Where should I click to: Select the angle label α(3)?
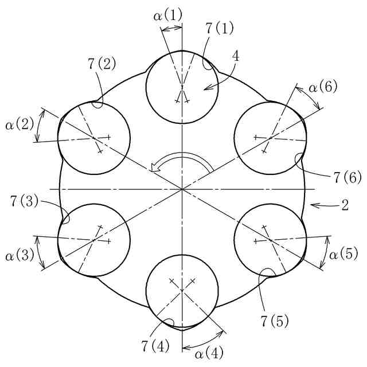(19, 252)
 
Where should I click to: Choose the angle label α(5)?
(344, 253)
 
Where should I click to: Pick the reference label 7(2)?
(101, 64)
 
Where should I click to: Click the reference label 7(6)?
(346, 178)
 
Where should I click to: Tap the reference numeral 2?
(345, 205)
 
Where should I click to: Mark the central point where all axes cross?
(181, 189)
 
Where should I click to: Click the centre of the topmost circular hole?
(181, 87)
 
